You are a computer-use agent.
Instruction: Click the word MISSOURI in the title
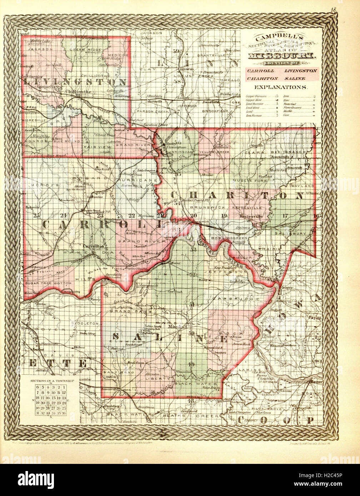click(280, 56)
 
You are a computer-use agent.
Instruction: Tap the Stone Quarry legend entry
click(292, 107)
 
